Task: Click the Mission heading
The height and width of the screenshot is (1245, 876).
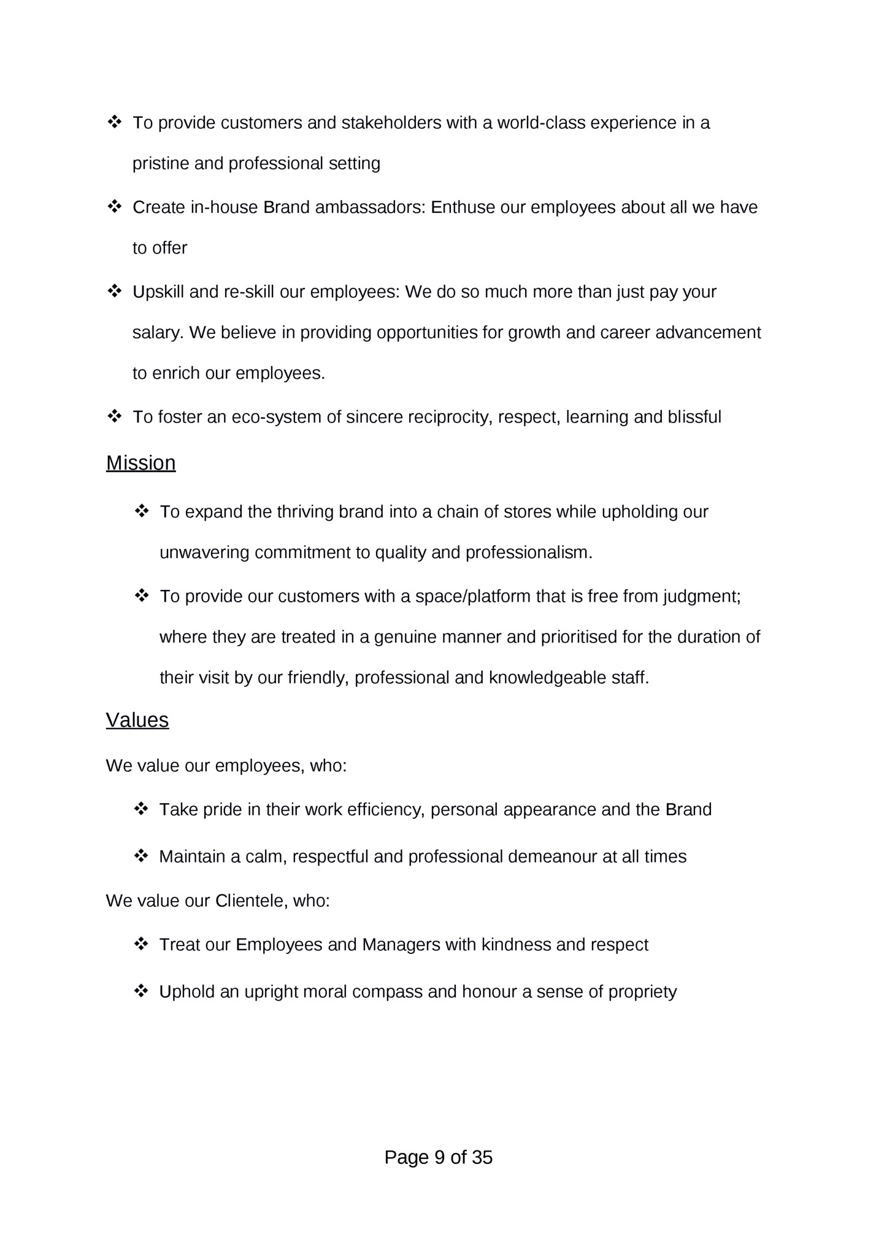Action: (x=140, y=463)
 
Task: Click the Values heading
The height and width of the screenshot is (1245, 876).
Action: (x=137, y=720)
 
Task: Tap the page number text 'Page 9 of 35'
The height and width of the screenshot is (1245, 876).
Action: (x=438, y=1157)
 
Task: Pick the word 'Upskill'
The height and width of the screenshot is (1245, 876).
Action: (x=158, y=292)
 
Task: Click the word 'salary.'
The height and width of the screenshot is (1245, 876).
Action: (x=158, y=333)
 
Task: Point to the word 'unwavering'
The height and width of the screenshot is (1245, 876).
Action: (x=204, y=553)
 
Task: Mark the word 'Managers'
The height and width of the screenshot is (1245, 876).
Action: (x=401, y=945)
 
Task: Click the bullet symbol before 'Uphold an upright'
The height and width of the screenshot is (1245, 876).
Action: (x=141, y=991)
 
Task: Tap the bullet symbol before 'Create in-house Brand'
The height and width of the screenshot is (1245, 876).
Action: (x=114, y=207)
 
